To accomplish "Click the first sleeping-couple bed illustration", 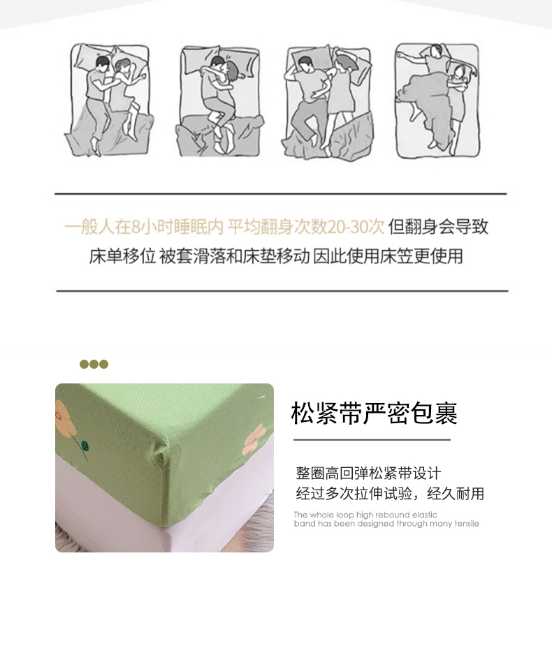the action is (109, 100).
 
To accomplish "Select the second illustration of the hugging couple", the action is (219, 101).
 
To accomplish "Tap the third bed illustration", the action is (328, 101).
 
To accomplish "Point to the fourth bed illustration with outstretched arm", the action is (437, 101).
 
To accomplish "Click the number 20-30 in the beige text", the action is (356, 227).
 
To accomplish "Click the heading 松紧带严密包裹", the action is (374, 413).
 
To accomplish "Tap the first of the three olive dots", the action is (84, 365).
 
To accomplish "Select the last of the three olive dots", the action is (103, 365).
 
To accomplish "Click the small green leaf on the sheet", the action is (85, 446).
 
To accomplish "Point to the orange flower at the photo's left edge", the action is (64, 418).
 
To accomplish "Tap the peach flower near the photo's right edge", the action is (254, 439).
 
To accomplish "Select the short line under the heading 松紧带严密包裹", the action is (372, 439).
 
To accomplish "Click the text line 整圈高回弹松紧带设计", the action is (368, 474).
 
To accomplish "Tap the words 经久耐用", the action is (456, 494).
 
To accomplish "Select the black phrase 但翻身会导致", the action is (438, 227).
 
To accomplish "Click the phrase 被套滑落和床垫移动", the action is (235, 256).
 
